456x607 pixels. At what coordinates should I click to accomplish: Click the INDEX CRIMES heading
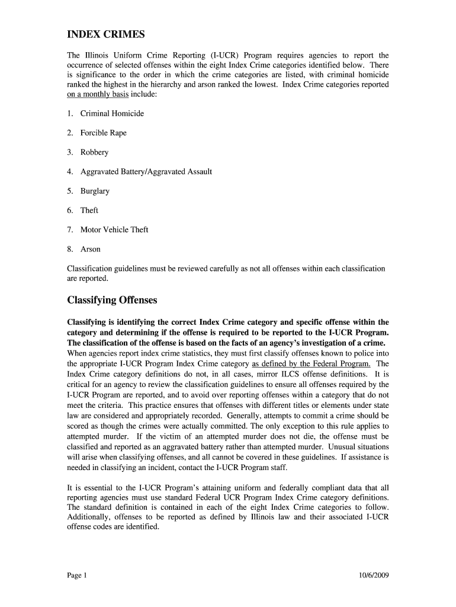click(105, 34)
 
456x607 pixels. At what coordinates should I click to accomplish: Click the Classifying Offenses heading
click(112, 300)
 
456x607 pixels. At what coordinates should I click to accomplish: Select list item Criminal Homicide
click(112, 113)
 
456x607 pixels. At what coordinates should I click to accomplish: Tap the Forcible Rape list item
click(103, 133)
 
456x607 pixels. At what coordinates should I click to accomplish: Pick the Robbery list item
click(94, 152)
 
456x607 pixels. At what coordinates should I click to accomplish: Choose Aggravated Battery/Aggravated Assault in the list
click(146, 171)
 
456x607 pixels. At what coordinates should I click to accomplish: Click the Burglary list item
click(95, 191)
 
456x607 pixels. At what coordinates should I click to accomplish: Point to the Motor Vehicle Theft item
click(114, 229)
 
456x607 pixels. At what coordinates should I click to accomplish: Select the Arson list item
click(90, 249)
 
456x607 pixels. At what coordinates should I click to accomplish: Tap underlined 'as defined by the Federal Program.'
click(312, 363)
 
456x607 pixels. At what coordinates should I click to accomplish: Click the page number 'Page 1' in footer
click(77, 575)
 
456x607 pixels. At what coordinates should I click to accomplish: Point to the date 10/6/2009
click(374, 575)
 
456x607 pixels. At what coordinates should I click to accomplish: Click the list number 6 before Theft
click(70, 210)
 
